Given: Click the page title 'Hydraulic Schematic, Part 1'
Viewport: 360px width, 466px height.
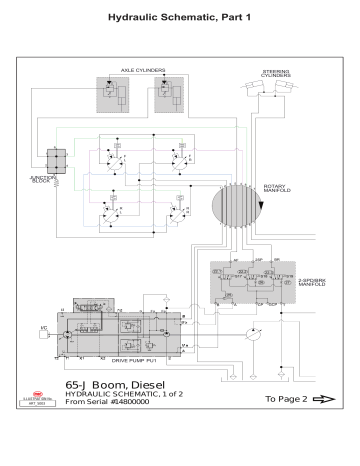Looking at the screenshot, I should (180, 19).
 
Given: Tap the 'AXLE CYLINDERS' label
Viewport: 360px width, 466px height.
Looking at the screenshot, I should (142, 71).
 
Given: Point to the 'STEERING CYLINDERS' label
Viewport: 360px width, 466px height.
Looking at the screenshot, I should (277, 74).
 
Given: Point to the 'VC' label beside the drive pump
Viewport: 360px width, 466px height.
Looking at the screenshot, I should (43, 328).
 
